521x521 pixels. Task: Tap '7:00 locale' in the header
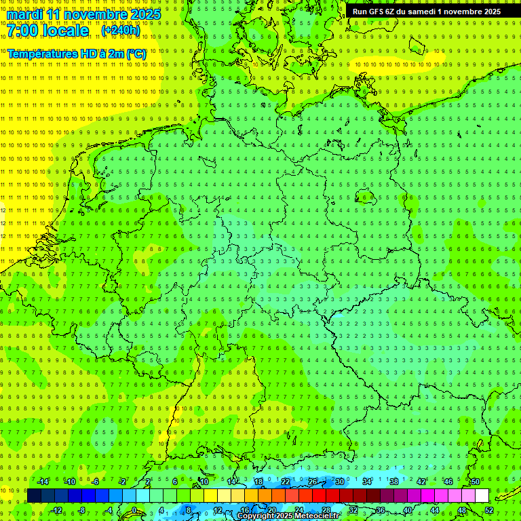47,31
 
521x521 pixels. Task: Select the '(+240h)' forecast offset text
121,31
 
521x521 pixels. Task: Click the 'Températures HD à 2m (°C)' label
77,54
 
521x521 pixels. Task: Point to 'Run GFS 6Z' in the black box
373,12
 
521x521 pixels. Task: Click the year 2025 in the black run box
488,12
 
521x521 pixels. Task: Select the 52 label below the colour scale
488,510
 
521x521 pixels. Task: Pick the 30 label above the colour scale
339,482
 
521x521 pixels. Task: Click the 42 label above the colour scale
421,482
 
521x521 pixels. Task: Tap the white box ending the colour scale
482,496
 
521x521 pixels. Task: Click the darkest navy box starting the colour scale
34,496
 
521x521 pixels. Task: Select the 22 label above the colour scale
285,482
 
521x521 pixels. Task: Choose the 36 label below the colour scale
380,510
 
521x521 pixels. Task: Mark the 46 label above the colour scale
448,482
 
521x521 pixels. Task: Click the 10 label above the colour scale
204,482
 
